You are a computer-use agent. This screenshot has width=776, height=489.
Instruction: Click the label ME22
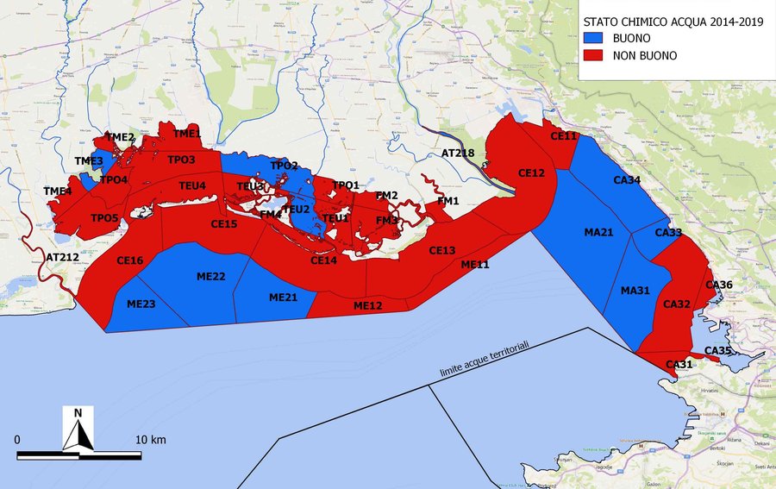[x=210, y=276]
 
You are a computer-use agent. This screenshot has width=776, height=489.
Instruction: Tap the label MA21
[x=598, y=233]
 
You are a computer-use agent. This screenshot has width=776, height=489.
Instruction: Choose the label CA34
[x=626, y=180]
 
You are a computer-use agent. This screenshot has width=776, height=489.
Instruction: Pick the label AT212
[x=62, y=257]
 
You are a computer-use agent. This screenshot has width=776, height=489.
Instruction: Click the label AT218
[x=458, y=153]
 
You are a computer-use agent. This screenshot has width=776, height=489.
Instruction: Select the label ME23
[x=141, y=304]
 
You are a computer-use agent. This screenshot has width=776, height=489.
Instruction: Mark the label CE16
[x=129, y=260]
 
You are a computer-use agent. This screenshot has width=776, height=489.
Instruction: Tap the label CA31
[x=679, y=364]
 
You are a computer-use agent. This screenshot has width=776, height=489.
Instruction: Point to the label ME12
[x=367, y=305]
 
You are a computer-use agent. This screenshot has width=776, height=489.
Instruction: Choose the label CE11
[x=563, y=136]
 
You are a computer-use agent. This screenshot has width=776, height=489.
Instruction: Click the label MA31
[x=635, y=290]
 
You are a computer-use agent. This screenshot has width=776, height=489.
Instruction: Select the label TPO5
[x=104, y=218]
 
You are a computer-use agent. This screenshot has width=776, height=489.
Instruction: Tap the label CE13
[x=441, y=250]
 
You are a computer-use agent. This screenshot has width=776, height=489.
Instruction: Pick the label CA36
[x=719, y=285]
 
